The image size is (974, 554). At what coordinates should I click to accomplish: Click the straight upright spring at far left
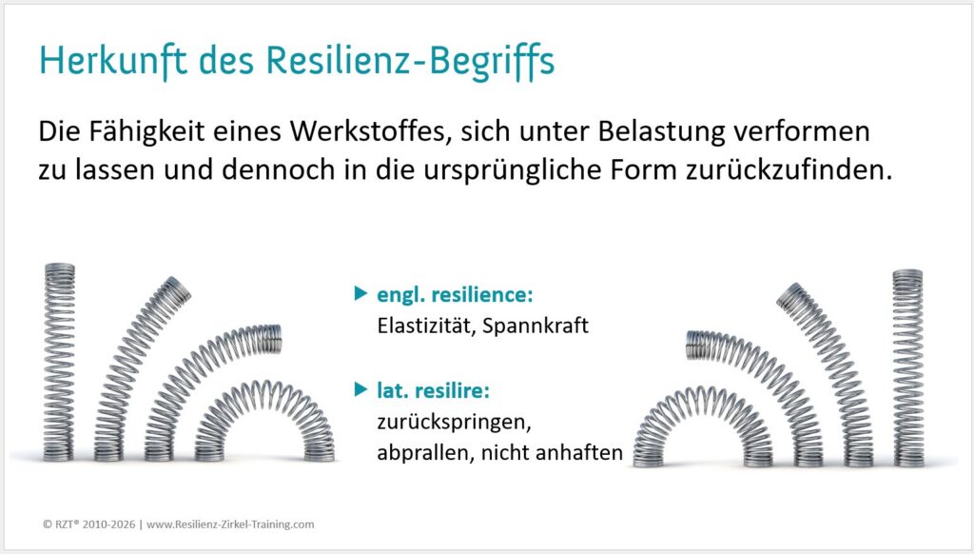[59, 362]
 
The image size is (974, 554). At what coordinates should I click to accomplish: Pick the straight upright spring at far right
[907, 367]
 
